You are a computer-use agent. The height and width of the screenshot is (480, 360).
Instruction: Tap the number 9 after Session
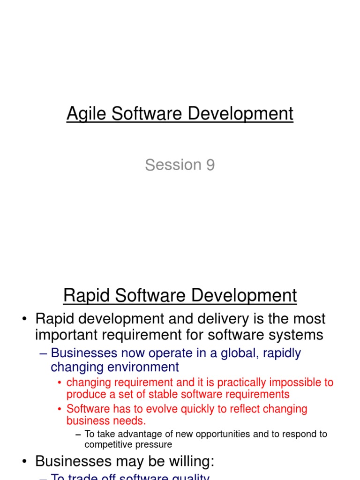[x=210, y=165]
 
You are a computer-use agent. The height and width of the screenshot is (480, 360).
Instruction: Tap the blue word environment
[x=138, y=367]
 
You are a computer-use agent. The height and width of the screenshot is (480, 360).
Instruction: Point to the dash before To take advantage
[x=78, y=435]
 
